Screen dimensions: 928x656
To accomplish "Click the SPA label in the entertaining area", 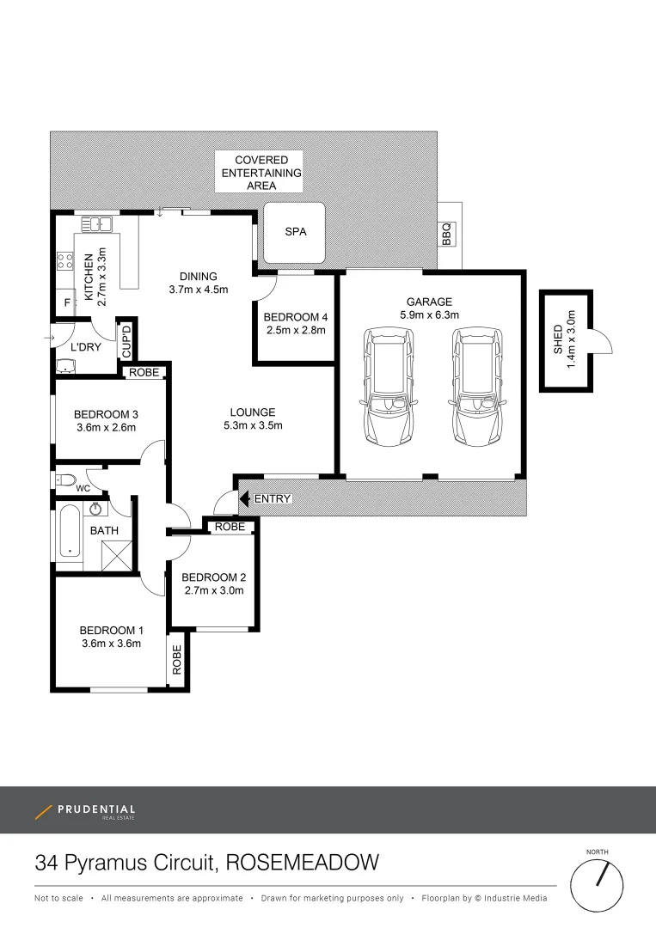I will [295, 232].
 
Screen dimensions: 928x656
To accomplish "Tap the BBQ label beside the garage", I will [446, 235].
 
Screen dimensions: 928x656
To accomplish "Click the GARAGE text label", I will [430, 302].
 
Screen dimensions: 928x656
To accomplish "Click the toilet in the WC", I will [65, 479].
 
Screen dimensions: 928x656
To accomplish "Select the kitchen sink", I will [97, 225].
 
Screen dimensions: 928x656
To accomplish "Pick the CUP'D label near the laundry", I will [126, 341].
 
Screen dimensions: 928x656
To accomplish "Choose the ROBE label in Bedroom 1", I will [177, 658].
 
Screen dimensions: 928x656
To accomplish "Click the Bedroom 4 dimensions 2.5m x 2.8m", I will [295, 329].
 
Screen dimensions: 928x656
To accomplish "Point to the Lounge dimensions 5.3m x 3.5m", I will [253, 425].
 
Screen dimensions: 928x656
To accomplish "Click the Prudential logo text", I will [95, 809].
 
